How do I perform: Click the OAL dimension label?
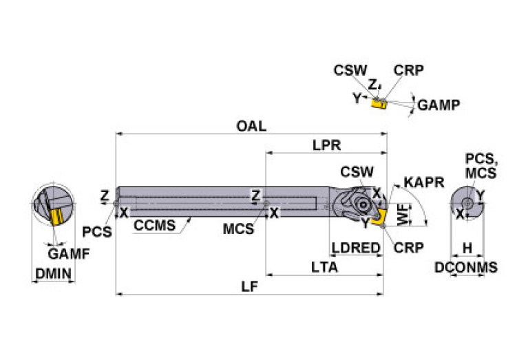pos(251,127)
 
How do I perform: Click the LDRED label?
pos(357,248)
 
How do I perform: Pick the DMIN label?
pos(53,274)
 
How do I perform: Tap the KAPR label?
pos(423,182)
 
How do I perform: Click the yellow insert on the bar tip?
pos(377,218)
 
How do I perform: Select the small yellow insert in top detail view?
pos(377,103)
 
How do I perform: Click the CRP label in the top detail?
pos(408,70)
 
